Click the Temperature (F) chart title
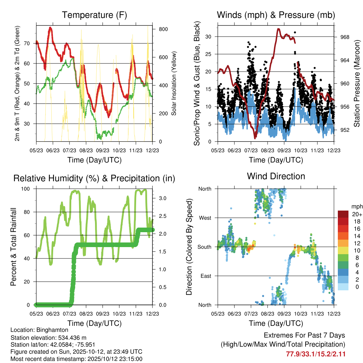point(94,15)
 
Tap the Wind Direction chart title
point(276,176)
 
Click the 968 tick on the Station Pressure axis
point(345,37)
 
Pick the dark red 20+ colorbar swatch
point(343,214)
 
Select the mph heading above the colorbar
point(357,206)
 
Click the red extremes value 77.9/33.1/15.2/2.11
point(315,354)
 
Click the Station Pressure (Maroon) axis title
point(357,84)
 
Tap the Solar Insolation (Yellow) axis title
point(174,84)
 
